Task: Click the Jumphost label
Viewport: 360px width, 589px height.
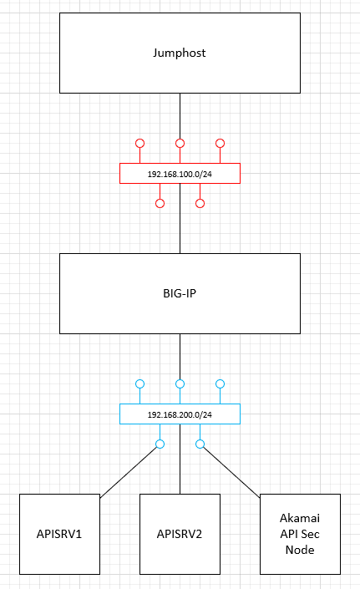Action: [x=180, y=53]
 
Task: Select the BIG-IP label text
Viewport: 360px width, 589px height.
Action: [x=180, y=293]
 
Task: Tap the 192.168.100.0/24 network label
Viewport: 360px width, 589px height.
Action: [x=180, y=174]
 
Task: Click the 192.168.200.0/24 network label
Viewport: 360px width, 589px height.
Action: [x=180, y=414]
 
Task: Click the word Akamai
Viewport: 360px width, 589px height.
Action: [x=300, y=518]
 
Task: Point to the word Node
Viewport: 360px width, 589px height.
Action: [x=300, y=550]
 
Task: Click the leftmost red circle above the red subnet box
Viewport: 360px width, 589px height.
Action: [x=140, y=139]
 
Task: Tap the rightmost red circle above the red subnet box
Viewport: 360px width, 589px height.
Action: [x=220, y=139]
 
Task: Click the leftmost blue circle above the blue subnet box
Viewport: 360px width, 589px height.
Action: [x=140, y=380]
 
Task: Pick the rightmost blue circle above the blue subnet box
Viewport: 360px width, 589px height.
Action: [x=220, y=380]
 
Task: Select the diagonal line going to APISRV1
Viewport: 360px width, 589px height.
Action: [x=129, y=473]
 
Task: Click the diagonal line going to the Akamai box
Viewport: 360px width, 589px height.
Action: [x=231, y=473]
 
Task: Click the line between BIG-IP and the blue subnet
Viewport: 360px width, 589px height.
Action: [x=180, y=357]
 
